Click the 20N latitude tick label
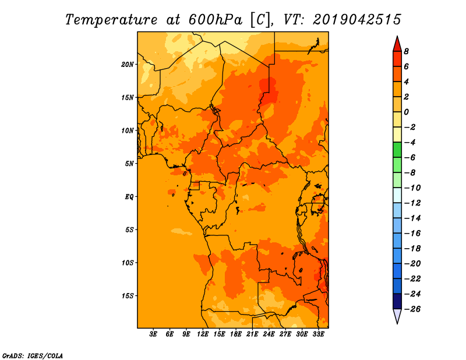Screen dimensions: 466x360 pos(128,64)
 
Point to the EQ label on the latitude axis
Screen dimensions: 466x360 pos(129,196)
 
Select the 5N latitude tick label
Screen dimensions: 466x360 pos(129,164)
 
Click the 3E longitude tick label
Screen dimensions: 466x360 pos(153,334)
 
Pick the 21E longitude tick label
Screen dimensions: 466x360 pos(252,334)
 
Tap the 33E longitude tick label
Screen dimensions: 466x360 pos(318,334)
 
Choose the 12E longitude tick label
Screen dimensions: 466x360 pos(203,334)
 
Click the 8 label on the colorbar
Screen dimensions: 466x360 pos(406,51)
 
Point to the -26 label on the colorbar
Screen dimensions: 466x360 pos(412,309)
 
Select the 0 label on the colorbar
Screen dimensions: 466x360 pos(406,112)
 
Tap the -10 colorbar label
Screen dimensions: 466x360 pos(412,188)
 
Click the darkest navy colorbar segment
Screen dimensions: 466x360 pos(397,301)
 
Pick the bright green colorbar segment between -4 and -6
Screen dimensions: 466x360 pos(397,150)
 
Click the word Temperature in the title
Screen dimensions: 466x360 pos(111,20)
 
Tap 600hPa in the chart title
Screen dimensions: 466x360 pos(215,20)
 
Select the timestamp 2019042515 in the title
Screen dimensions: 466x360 pos(357,20)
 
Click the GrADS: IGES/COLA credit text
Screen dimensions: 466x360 pos(33,355)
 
